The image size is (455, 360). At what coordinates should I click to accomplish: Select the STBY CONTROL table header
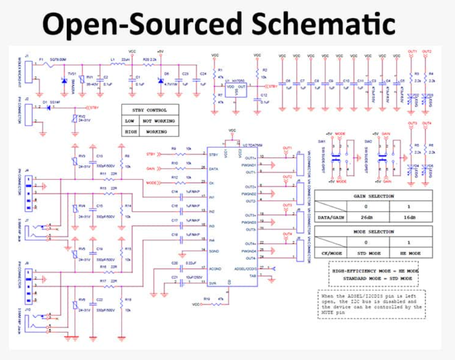pos(150,110)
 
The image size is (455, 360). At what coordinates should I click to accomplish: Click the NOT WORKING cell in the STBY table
pos(159,121)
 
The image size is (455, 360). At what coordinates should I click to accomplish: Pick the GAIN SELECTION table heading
pos(373,196)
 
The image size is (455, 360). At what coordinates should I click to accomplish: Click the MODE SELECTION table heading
pos(373,232)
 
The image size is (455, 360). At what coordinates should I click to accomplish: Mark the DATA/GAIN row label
pos(331,217)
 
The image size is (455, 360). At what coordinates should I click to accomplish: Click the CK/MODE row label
pos(331,253)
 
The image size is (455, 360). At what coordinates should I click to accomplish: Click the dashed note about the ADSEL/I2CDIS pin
pos(371,304)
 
